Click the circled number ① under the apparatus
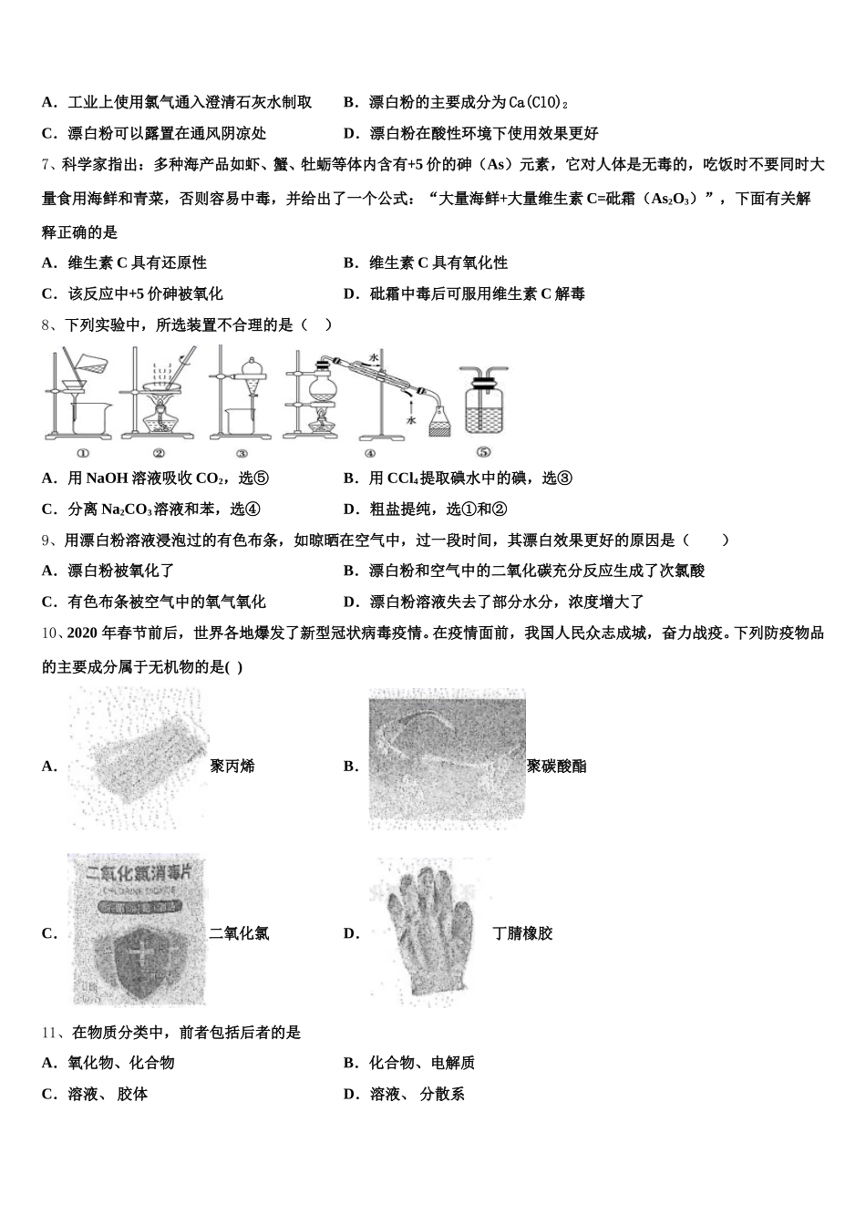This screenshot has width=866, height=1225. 82,452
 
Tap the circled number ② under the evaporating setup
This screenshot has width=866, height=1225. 159,452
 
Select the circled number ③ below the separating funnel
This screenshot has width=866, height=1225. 242,452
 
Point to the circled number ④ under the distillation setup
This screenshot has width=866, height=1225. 369,452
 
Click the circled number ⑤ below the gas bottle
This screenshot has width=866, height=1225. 483,451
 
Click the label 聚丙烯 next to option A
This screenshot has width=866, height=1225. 232,767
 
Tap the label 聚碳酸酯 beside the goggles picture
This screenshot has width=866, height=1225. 556,767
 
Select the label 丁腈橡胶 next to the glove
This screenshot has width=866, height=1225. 522,933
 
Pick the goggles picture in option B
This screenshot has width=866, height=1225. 447,758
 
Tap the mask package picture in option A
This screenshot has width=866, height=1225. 137,758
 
